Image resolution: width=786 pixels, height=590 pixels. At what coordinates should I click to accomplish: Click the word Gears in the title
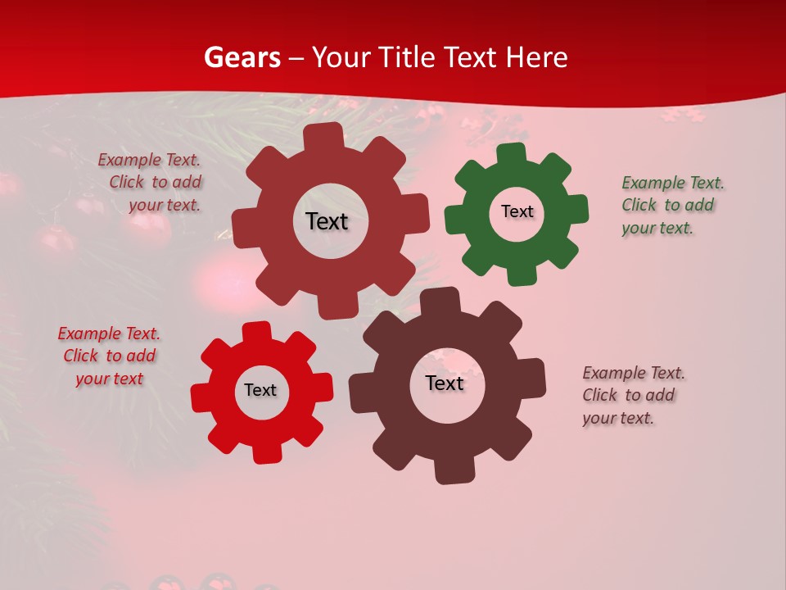[x=242, y=57]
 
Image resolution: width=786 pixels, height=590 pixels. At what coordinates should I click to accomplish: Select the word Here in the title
[x=536, y=57]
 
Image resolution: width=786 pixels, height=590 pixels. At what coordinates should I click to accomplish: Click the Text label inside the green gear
[x=517, y=211]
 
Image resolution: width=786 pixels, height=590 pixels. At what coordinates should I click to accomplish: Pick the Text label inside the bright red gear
[x=260, y=391]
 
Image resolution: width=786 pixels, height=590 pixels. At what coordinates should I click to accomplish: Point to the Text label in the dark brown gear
[x=445, y=383]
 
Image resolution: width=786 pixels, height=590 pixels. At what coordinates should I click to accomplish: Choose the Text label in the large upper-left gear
[x=327, y=221]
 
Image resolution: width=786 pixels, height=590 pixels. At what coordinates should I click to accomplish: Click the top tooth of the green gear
[x=512, y=154]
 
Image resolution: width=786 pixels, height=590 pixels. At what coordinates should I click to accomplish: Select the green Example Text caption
[x=673, y=205]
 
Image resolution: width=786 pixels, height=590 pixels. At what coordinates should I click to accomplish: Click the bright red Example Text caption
[x=109, y=356]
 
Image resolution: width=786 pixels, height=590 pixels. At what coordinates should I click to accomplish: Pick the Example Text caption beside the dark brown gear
[x=633, y=395]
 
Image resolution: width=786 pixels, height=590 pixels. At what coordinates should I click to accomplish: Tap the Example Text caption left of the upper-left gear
[x=150, y=182]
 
